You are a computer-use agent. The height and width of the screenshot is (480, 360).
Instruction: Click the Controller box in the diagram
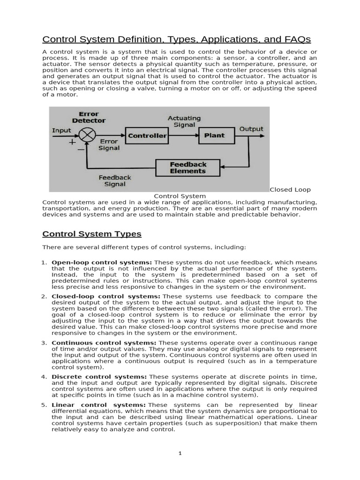pyautogui.click(x=147, y=136)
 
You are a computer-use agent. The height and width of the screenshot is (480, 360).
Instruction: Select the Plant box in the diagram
pyautogui.click(x=214, y=135)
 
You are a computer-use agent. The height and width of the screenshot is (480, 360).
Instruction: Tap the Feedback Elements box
pyautogui.click(x=187, y=168)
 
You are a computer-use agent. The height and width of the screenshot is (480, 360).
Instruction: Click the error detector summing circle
pyautogui.click(x=86, y=136)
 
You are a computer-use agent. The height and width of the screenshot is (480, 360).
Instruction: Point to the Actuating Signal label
pyautogui.click(x=184, y=121)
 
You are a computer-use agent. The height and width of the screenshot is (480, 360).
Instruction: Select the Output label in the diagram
pyautogui.click(x=251, y=129)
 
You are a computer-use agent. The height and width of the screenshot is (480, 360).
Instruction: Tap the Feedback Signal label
pyautogui.click(x=115, y=181)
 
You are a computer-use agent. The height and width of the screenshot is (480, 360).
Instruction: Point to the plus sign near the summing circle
pyautogui.click(x=72, y=142)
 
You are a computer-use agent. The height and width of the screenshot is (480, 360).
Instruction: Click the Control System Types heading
pyautogui.click(x=92, y=234)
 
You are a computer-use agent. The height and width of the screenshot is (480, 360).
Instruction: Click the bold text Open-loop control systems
pyautogui.click(x=102, y=262)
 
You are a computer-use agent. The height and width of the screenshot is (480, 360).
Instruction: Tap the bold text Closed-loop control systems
pyautogui.click(x=106, y=296)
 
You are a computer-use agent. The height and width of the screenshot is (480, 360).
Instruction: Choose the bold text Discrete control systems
pyautogui.click(x=99, y=377)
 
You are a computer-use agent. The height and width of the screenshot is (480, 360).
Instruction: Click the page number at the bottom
pyautogui.click(x=180, y=453)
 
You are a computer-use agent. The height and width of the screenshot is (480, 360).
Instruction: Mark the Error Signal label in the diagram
pyautogui.click(x=108, y=144)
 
